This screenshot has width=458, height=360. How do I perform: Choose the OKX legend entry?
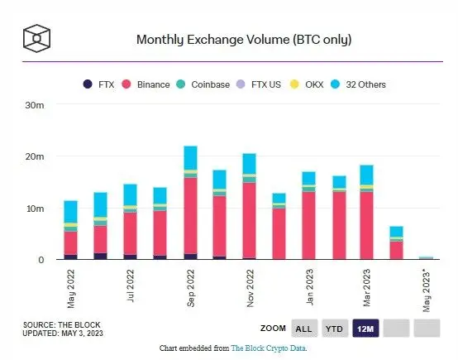pyautogui.click(x=326, y=84)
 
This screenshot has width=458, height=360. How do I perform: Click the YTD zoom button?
pyautogui.click(x=335, y=329)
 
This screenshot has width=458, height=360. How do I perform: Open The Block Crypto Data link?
pyautogui.click(x=268, y=348)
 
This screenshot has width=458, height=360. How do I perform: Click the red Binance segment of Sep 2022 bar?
pyautogui.click(x=190, y=215)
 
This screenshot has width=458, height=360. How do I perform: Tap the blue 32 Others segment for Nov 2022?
pyautogui.click(x=249, y=164)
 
